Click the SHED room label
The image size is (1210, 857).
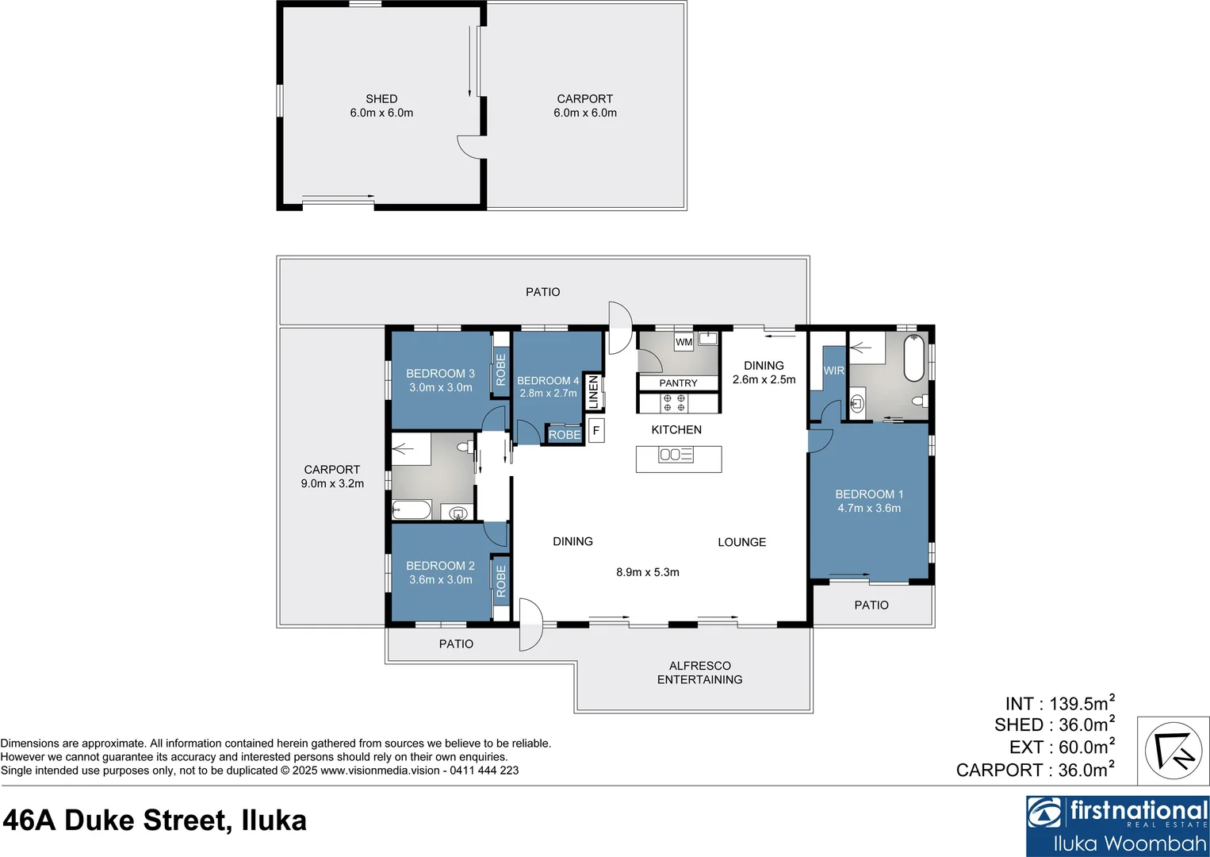381,99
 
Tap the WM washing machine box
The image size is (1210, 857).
683,342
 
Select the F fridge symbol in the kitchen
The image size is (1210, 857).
596,431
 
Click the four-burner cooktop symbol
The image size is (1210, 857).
674,403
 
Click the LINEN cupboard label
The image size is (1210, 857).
594,392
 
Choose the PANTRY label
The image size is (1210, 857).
678,383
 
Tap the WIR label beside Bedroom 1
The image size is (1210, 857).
833,371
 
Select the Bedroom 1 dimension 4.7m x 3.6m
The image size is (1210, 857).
869,509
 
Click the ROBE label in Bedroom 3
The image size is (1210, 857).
500,370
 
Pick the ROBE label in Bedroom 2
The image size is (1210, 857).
500,581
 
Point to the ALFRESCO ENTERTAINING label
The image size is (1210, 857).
699,673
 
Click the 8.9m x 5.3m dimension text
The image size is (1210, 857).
648,572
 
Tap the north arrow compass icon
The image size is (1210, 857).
1173,751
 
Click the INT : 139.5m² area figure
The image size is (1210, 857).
1059,703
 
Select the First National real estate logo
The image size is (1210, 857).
1117,825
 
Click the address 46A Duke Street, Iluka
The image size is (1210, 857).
155,820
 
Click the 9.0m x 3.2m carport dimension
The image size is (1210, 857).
332,484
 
